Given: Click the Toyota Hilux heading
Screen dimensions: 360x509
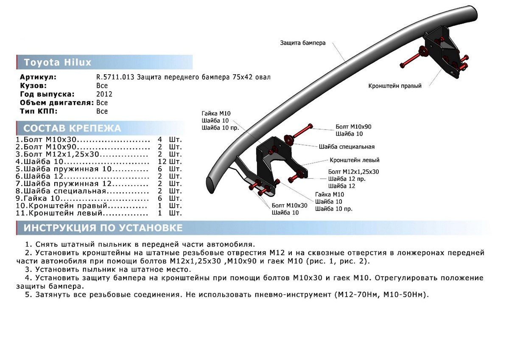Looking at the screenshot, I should point(58,62).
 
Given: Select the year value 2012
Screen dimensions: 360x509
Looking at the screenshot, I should point(104,94).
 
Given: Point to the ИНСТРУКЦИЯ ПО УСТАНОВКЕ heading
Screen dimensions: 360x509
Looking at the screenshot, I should point(103,228).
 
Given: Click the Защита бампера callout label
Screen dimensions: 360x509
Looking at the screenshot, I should point(303,43).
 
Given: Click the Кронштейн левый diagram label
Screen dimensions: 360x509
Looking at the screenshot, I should point(355,160).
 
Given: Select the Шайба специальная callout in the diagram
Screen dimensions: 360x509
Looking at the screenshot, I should point(347,147).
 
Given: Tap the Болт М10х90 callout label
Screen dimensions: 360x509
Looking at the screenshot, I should point(353,127).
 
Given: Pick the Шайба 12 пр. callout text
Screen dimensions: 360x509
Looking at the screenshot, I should point(347,179).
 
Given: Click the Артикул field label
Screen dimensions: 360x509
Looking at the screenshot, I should point(38,77).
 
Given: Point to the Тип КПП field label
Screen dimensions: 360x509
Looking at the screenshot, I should point(38,111).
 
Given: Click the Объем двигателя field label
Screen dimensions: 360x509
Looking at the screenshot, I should point(57,103).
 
